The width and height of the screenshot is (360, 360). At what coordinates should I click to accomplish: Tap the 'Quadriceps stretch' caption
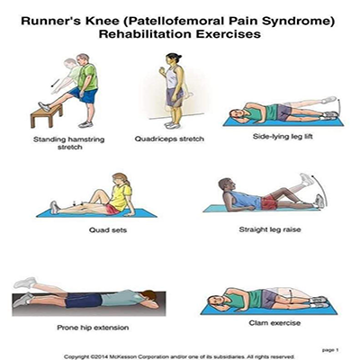pyautogui.click(x=169, y=139)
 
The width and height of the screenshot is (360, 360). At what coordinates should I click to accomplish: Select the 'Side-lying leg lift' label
pyautogui.click(x=283, y=137)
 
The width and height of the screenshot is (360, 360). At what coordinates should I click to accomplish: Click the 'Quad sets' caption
pyautogui.click(x=108, y=230)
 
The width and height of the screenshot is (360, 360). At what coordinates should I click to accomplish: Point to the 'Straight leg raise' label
pyautogui.click(x=270, y=229)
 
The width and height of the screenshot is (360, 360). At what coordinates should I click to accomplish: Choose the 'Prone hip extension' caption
pyautogui.click(x=93, y=328)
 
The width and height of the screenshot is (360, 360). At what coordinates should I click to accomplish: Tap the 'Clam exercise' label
pyautogui.click(x=274, y=323)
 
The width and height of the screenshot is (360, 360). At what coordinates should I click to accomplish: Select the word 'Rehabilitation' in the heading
pyautogui.click(x=145, y=34)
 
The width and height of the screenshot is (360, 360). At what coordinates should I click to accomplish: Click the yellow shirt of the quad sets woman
pyautogui.click(x=121, y=197)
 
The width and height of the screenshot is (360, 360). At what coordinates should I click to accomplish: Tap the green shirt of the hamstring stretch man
pyautogui.click(x=87, y=76)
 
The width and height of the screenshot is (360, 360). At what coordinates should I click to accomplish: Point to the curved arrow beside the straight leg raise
pyautogui.click(x=320, y=190)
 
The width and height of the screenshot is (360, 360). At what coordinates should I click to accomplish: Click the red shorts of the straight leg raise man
pyautogui.click(x=269, y=202)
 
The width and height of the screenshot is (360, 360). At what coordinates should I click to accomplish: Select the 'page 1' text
pyautogui.click(x=330, y=350)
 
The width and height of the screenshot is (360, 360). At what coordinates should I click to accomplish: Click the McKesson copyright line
pyautogui.click(x=179, y=356)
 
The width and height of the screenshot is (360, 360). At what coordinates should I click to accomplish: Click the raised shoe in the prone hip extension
pyautogui.click(x=25, y=283)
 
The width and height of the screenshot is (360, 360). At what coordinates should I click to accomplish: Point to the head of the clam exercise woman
pyautogui.click(x=216, y=301)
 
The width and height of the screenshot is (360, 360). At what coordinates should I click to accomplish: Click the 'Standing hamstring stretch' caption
pyautogui.click(x=69, y=143)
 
